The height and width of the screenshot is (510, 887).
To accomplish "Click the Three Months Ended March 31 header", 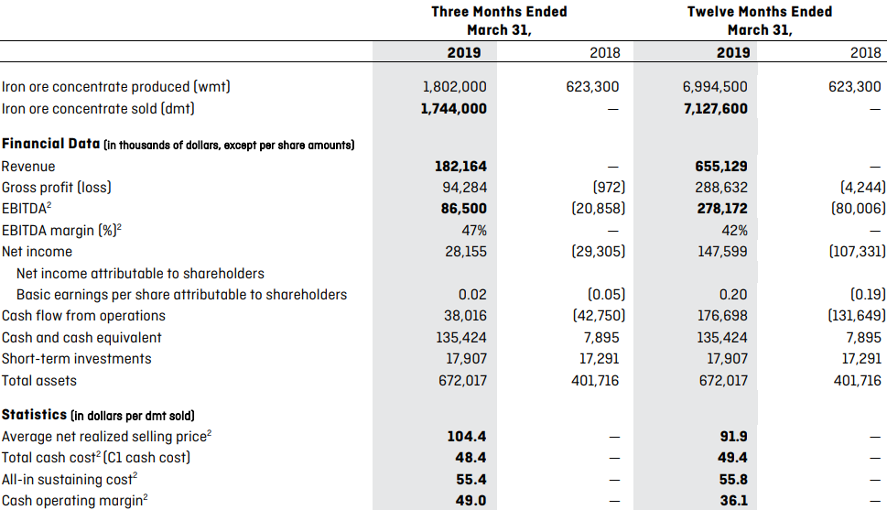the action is click(499, 20).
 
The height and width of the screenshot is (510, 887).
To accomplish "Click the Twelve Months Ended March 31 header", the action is click(760, 20).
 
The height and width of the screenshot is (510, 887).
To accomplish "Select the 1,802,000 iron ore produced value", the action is click(454, 87).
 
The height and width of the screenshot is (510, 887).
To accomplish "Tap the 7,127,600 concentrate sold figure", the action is click(716, 109).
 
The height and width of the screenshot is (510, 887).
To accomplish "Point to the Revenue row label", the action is click(28, 167).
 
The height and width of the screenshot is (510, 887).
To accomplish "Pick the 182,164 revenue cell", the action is click(460, 167).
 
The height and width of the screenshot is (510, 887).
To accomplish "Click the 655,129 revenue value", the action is click(721, 167).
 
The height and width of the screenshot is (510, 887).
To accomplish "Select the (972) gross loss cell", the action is click(609, 188).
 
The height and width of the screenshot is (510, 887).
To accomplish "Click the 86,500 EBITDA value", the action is click(464, 209).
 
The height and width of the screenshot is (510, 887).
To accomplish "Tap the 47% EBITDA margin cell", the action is click(474, 231).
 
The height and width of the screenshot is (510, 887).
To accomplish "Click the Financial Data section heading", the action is click(51, 144).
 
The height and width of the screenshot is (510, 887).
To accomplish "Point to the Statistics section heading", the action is click(34, 415).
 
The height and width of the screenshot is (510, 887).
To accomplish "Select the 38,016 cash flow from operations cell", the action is click(465, 316).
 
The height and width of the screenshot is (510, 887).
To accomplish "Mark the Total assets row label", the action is click(39, 381).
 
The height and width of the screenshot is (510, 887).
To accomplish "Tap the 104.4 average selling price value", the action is click(467, 437).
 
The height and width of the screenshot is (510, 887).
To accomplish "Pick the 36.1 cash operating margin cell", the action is click(734, 501).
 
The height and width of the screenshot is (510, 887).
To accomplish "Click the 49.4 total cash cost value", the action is click(732, 458).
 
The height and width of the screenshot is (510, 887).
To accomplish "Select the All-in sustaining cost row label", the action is click(70, 480).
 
